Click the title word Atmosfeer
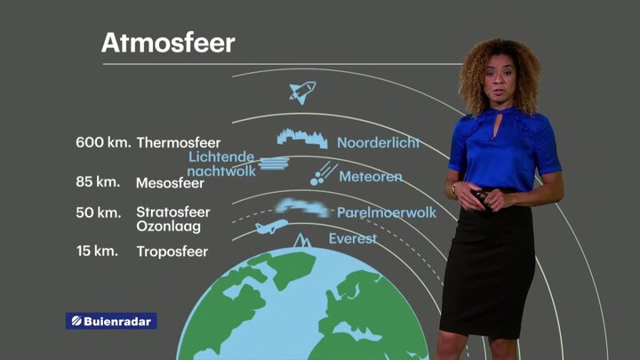(x=168, y=43)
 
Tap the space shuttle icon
(x=302, y=92)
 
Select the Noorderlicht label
(x=378, y=142)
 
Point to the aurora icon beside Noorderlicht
(x=302, y=139)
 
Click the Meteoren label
(x=371, y=176)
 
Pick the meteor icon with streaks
(x=324, y=174)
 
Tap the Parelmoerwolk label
(x=387, y=212)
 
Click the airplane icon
(x=271, y=226)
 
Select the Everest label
(x=353, y=238)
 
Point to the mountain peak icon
(x=302, y=241)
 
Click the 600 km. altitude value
(x=103, y=142)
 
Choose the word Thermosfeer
(x=179, y=143)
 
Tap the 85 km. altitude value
(x=98, y=181)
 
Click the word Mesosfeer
(x=170, y=183)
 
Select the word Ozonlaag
(x=168, y=227)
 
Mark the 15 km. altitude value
(x=97, y=251)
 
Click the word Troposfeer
(x=172, y=252)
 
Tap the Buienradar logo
(x=111, y=321)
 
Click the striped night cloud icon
(x=274, y=164)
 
